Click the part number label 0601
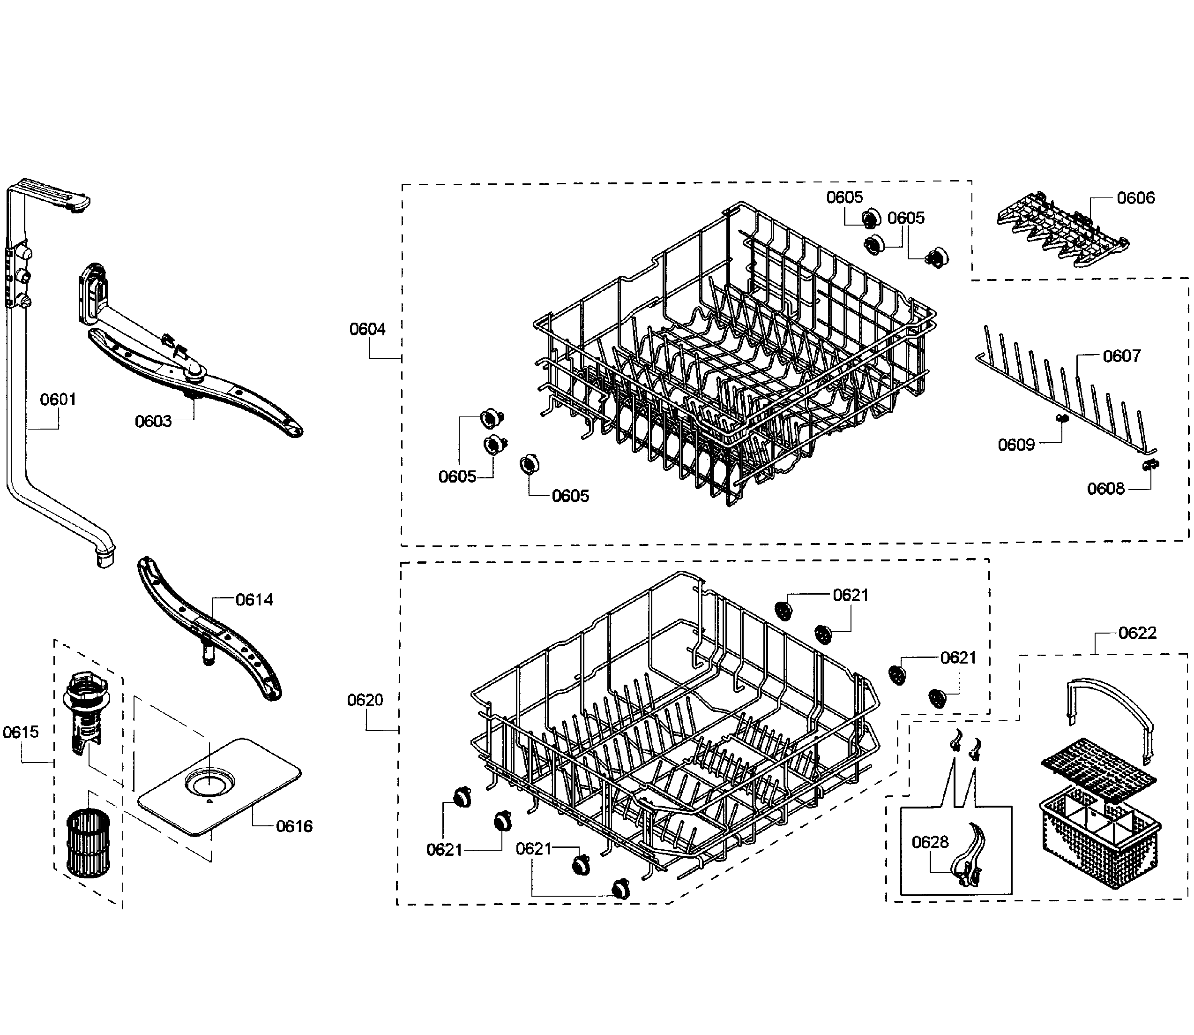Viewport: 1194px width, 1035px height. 58,399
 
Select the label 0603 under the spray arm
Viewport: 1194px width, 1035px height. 153,422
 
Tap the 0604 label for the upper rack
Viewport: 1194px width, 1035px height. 367,329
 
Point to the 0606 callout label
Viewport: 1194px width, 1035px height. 1135,198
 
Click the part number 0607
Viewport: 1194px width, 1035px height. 1121,356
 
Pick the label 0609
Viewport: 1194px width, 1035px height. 1016,445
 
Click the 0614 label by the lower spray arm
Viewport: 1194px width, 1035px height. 254,600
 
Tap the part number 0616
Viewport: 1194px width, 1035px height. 294,826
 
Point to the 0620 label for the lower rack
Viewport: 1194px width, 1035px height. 365,701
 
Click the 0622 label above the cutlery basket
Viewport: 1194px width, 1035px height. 1137,633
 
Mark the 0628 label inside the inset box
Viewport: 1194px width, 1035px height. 930,843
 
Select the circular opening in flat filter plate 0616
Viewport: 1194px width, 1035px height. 209,784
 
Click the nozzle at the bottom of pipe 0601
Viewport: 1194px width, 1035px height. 105,559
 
